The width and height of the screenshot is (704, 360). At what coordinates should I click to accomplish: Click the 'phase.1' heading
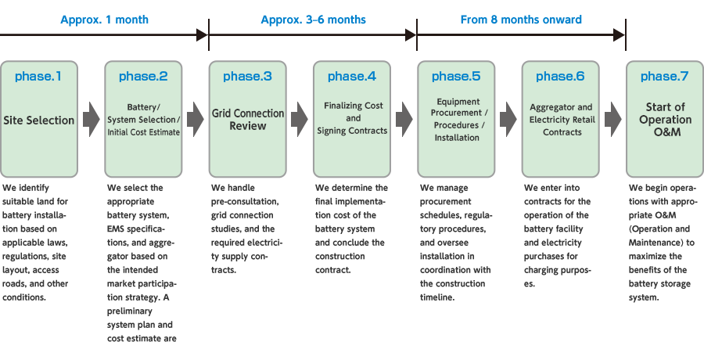click(x=39, y=77)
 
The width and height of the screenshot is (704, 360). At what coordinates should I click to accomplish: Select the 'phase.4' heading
click(x=352, y=77)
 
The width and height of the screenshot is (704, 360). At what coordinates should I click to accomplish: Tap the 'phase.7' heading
click(x=665, y=77)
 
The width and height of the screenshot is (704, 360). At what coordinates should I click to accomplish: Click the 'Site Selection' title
click(x=39, y=121)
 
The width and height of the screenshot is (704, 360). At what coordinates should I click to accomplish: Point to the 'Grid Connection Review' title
click(x=248, y=119)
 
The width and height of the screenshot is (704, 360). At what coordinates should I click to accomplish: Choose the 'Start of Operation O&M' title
click(x=665, y=120)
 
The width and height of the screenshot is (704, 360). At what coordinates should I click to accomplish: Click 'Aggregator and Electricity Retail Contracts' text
click(x=561, y=120)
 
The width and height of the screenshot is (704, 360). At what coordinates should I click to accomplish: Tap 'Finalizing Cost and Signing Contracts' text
click(x=352, y=118)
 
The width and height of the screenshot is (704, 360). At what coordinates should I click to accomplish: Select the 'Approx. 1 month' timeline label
click(x=104, y=20)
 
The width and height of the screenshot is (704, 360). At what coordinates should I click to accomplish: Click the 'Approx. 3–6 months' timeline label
click(x=312, y=20)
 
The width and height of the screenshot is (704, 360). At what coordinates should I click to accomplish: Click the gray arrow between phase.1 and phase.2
click(x=92, y=119)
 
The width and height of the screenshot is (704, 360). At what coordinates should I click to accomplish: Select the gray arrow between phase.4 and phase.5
click(x=404, y=119)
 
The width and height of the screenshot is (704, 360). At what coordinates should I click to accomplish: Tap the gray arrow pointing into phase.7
click(x=613, y=119)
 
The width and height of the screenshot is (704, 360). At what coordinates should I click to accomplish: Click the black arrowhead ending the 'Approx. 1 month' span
click(x=203, y=34)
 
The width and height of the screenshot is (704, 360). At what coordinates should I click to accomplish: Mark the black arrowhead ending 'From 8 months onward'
click(x=620, y=34)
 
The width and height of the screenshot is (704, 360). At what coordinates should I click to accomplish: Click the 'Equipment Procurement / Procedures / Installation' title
click(x=457, y=120)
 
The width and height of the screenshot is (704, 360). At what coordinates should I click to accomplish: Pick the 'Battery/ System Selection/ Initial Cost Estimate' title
click(x=143, y=120)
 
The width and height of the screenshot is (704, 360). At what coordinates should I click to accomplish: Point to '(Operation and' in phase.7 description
click(x=660, y=229)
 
